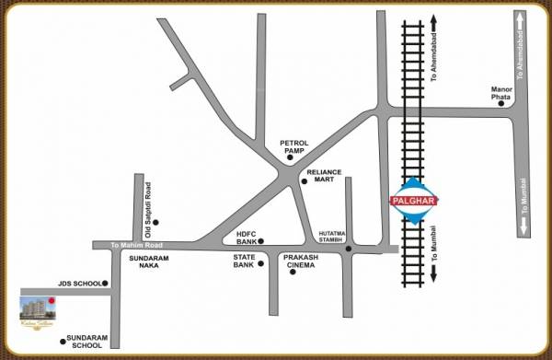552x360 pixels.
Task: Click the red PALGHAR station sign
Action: (413, 200)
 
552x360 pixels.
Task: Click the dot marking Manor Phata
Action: (501, 104)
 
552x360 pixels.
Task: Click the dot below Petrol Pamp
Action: (289, 159)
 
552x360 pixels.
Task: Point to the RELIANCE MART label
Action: (324, 177)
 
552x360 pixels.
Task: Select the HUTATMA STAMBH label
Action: (336, 237)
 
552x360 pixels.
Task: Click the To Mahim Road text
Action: (135, 245)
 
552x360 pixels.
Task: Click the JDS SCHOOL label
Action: (76, 284)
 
